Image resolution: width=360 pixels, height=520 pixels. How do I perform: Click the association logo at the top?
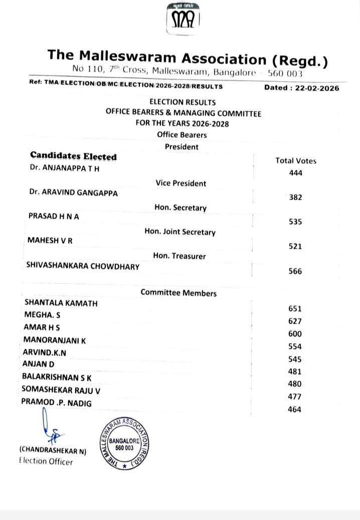[x=182, y=19]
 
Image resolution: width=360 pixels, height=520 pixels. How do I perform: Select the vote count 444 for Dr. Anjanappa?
[x=296, y=173]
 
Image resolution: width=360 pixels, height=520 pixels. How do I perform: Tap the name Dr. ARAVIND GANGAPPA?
[x=74, y=193]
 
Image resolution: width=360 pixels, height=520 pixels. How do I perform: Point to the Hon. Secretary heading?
[x=180, y=207]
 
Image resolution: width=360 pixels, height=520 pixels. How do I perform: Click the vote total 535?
[x=295, y=222]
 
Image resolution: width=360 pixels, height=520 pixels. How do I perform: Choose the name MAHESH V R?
[x=50, y=240]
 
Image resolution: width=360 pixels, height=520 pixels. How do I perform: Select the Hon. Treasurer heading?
[x=179, y=256]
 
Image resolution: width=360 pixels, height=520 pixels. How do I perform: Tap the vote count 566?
[x=295, y=271]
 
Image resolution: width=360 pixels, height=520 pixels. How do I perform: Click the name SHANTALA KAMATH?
[x=61, y=303]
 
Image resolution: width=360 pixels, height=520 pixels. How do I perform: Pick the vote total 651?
[x=295, y=309]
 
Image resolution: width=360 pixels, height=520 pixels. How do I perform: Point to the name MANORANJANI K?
[x=54, y=340]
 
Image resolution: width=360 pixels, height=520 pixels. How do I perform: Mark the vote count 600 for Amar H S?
[x=295, y=334]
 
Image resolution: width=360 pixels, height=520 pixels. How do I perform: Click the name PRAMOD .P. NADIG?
[x=57, y=402]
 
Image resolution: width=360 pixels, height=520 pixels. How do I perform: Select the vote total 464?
[x=294, y=409]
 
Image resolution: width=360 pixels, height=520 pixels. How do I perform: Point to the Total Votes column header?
[x=296, y=161]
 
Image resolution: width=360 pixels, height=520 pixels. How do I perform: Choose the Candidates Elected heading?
[x=73, y=156]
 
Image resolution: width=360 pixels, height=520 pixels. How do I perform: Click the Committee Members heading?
[x=178, y=293]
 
